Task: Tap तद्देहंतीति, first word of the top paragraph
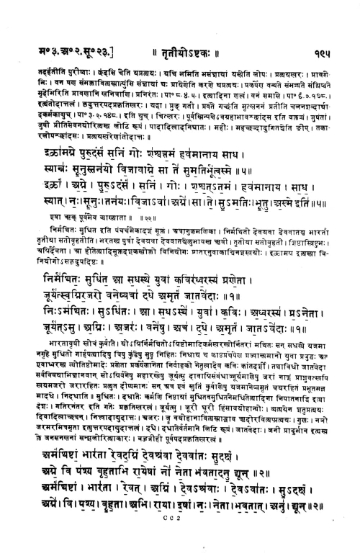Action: [48, 53]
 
